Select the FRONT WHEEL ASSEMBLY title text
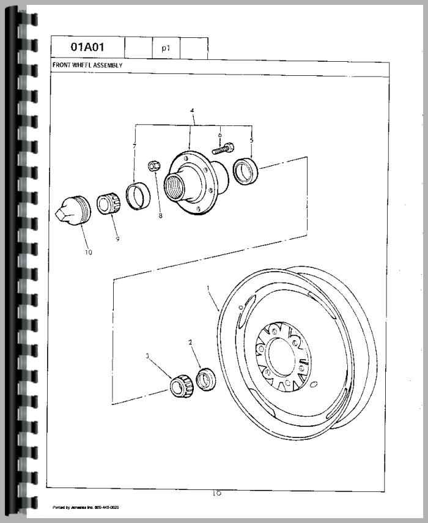87,65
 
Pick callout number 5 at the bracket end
251,139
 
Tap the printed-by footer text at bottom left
85,507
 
